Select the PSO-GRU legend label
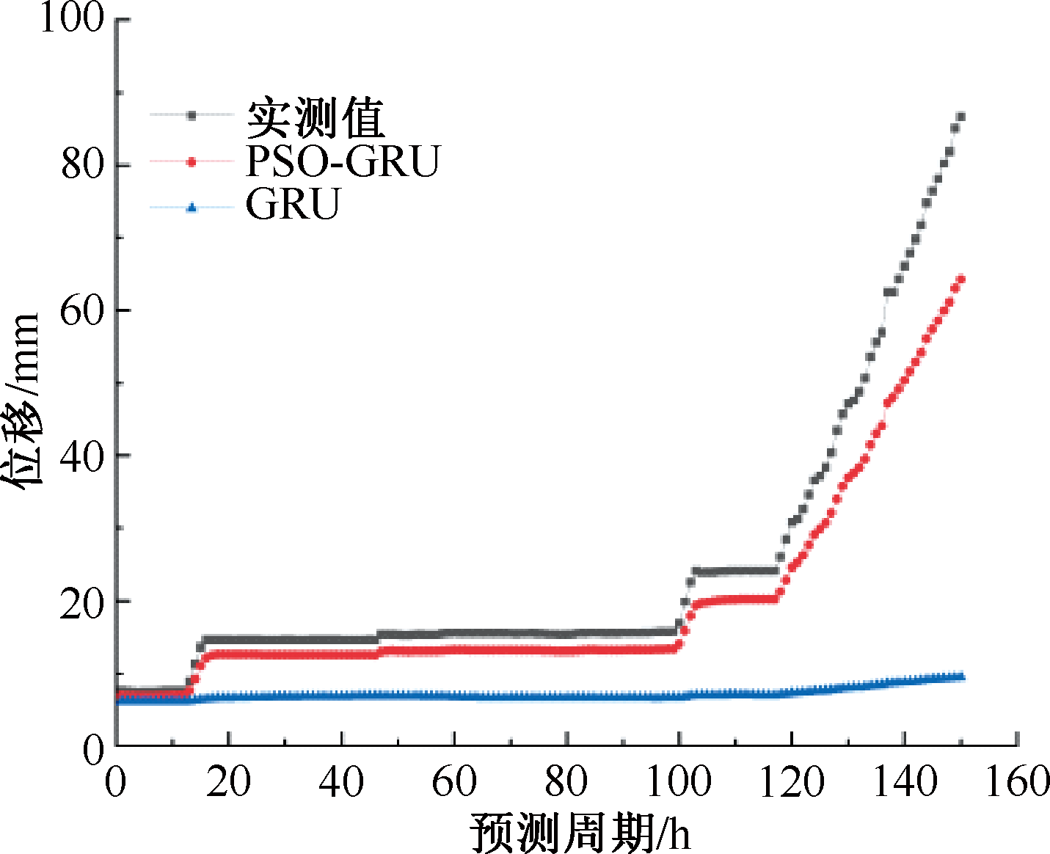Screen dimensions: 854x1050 pos(343,161)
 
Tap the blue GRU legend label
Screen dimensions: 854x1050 pos(293,204)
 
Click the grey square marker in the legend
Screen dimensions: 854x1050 pos(192,115)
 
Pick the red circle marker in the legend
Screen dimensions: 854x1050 pos(192,161)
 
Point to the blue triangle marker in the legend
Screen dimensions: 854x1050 pos(192,208)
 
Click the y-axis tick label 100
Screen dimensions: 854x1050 pos(71,18)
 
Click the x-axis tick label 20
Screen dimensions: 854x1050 pos(228,782)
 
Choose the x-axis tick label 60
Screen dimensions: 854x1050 pos(453,782)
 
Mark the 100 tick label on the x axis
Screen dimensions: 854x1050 pos(678,782)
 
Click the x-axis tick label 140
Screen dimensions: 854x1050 pos(904,782)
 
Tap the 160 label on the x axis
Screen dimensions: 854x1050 pos(1017,782)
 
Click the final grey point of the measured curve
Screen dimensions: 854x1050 pos(960,117)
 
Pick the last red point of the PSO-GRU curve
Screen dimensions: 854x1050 pos(960,279)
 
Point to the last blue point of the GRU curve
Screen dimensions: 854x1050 pos(960,676)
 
